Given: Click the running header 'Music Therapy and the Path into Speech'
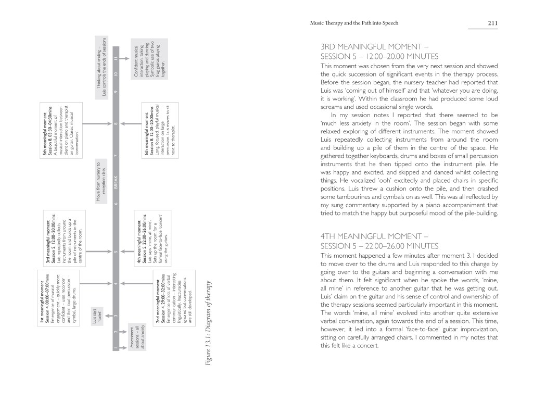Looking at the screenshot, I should (354, 23).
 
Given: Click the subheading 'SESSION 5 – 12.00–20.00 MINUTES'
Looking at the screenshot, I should (380, 57).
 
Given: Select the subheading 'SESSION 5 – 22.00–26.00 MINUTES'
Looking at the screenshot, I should (380, 246).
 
